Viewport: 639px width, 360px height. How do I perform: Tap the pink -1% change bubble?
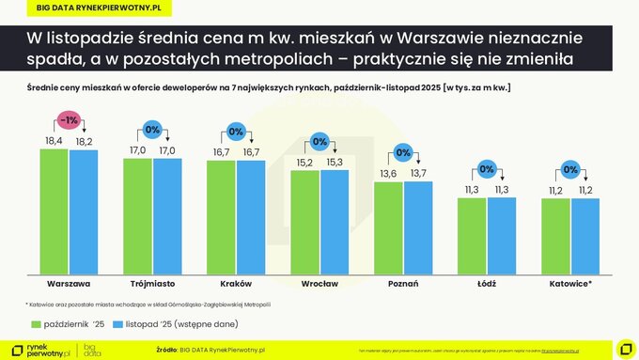68,120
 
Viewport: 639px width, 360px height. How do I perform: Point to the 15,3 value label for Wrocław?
335,163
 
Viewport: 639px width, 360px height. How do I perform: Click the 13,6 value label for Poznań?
388,174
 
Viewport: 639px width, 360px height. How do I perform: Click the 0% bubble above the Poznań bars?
403,152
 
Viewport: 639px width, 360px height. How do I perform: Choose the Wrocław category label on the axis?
319,282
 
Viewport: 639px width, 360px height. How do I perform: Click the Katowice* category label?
570,282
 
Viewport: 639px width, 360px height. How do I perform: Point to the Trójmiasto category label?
151,282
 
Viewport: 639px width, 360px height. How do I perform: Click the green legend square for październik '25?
34,324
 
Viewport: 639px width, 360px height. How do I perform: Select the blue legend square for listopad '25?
118,324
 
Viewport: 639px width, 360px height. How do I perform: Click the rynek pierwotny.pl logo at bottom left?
38,349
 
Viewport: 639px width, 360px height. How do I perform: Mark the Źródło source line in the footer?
211,350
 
